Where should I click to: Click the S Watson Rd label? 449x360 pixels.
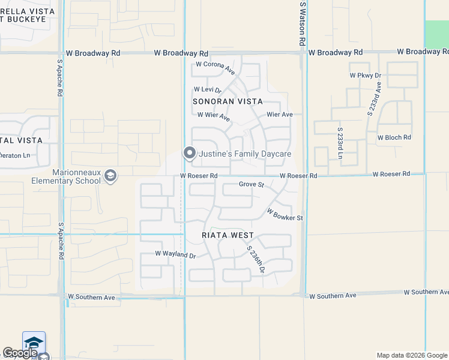(303, 23)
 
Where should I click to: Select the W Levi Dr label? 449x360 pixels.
(208, 90)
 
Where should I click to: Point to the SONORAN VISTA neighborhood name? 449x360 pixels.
(228, 101)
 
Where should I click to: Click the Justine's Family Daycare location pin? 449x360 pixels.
(189, 154)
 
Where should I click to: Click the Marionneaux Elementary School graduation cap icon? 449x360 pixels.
(110, 175)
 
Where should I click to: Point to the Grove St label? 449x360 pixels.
(252, 184)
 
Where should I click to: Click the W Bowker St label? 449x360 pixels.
(284, 214)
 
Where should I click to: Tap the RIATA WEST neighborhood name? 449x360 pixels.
(228, 235)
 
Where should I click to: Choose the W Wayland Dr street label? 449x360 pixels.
(175, 255)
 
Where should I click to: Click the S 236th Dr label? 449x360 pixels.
(256, 259)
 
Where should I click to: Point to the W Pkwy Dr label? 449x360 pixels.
(366, 76)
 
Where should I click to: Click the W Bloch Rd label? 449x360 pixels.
(394, 137)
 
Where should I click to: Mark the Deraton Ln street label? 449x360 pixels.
(15, 155)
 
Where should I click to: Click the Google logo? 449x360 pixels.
(19, 353)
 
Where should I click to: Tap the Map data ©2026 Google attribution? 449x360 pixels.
(411, 355)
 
